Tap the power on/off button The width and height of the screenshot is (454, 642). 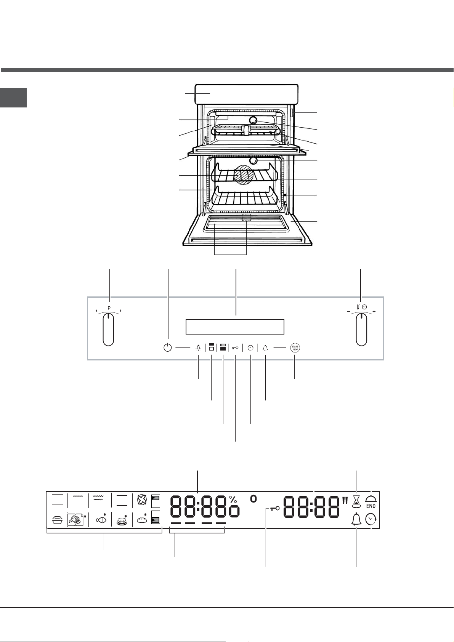coord(168,348)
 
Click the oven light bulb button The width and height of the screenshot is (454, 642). coord(198,348)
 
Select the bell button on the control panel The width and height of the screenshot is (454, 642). coord(265,348)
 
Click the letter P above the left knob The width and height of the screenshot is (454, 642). coord(109,308)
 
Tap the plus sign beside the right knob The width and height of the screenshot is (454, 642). coord(374,312)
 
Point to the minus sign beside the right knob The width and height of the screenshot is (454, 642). coord(348,312)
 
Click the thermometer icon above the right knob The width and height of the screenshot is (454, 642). coord(358,307)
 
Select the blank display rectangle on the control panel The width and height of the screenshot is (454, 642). coord(235,327)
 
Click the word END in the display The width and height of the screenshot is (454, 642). coord(371,506)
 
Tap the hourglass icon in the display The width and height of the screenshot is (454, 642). coord(356,501)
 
